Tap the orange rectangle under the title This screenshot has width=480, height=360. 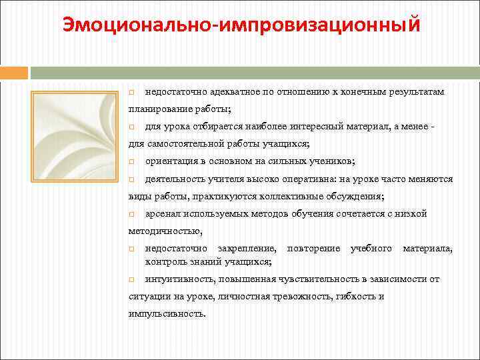(14, 72)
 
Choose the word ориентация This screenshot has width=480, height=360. (169, 161)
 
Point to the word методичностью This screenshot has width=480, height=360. (165, 231)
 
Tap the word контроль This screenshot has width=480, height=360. (163, 261)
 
